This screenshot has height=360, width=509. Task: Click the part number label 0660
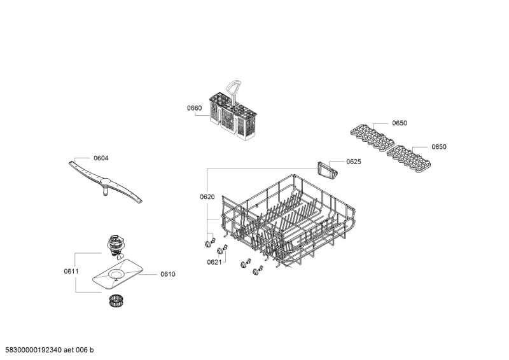pos(194,108)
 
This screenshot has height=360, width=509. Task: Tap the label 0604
pos(101,158)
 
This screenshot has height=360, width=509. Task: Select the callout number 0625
pos(354,162)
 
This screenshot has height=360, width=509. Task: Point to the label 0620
pos(207,197)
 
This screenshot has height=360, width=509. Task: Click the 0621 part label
pos(214,262)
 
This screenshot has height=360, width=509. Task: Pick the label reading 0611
pos(71,271)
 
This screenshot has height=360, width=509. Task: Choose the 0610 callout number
pos(168,274)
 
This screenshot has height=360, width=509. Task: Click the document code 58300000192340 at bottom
pos(34,350)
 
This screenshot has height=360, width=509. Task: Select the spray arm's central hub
pos(106,183)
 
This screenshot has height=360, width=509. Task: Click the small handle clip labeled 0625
pos(327,170)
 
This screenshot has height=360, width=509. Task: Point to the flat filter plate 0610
pos(118,273)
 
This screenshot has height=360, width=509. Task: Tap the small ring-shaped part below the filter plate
pos(114,300)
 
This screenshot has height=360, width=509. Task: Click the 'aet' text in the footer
pos(69,350)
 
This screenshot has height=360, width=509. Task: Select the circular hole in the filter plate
pos(115,274)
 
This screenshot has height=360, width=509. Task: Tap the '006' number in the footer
pos(81,350)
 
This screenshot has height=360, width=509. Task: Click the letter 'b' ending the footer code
pos(92,350)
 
